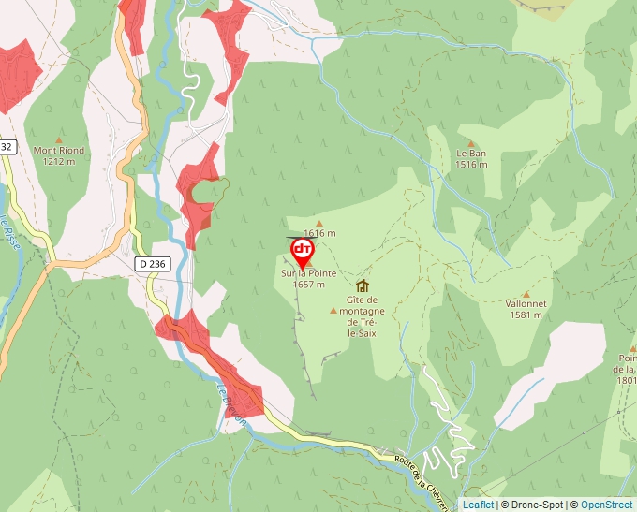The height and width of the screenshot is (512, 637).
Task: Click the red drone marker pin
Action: tap(303, 251)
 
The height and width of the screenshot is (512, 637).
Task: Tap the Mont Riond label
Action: tap(59, 150)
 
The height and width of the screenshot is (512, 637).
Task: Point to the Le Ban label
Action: tap(471, 153)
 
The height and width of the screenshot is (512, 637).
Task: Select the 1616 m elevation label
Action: tap(319, 233)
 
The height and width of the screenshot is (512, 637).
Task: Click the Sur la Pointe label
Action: tap(308, 273)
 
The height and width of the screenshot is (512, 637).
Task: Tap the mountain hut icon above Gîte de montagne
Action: tap(363, 285)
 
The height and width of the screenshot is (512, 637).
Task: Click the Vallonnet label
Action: tap(526, 303)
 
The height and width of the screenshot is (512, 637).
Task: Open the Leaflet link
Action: tap(478, 505)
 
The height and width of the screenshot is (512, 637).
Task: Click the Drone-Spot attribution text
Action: tap(533, 505)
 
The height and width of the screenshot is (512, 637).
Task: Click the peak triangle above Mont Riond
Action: tap(59, 138)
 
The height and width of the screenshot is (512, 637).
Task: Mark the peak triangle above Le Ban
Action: tap(471, 141)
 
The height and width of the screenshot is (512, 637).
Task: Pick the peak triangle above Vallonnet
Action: tap(526, 292)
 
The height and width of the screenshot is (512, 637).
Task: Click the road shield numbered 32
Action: tap(7, 147)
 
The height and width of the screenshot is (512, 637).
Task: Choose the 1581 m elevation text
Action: tap(526, 315)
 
